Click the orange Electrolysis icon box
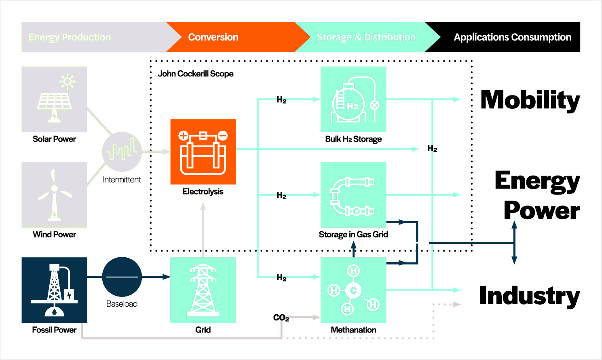point(203,152)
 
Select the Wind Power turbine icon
point(54,195)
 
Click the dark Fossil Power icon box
point(54,290)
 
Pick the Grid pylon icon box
point(203,290)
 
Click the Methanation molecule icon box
point(353,290)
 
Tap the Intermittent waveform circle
point(122,152)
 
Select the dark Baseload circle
point(122,277)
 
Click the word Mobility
point(530,100)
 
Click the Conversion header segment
point(213,37)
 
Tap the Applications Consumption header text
point(512,37)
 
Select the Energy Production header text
point(70,37)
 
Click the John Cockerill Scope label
point(196,74)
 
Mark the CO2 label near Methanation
point(281,318)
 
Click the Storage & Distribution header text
point(366,37)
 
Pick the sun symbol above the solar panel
point(68,82)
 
